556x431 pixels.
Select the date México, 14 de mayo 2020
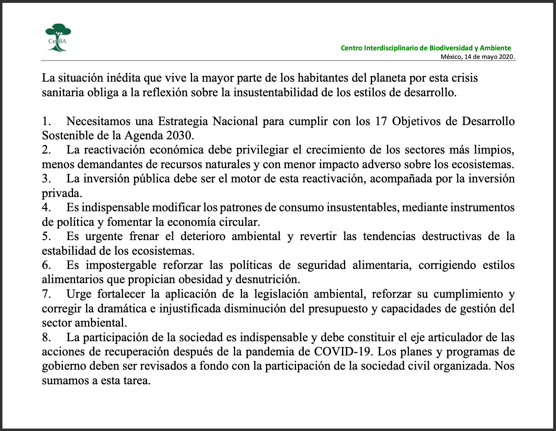click(x=478, y=57)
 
